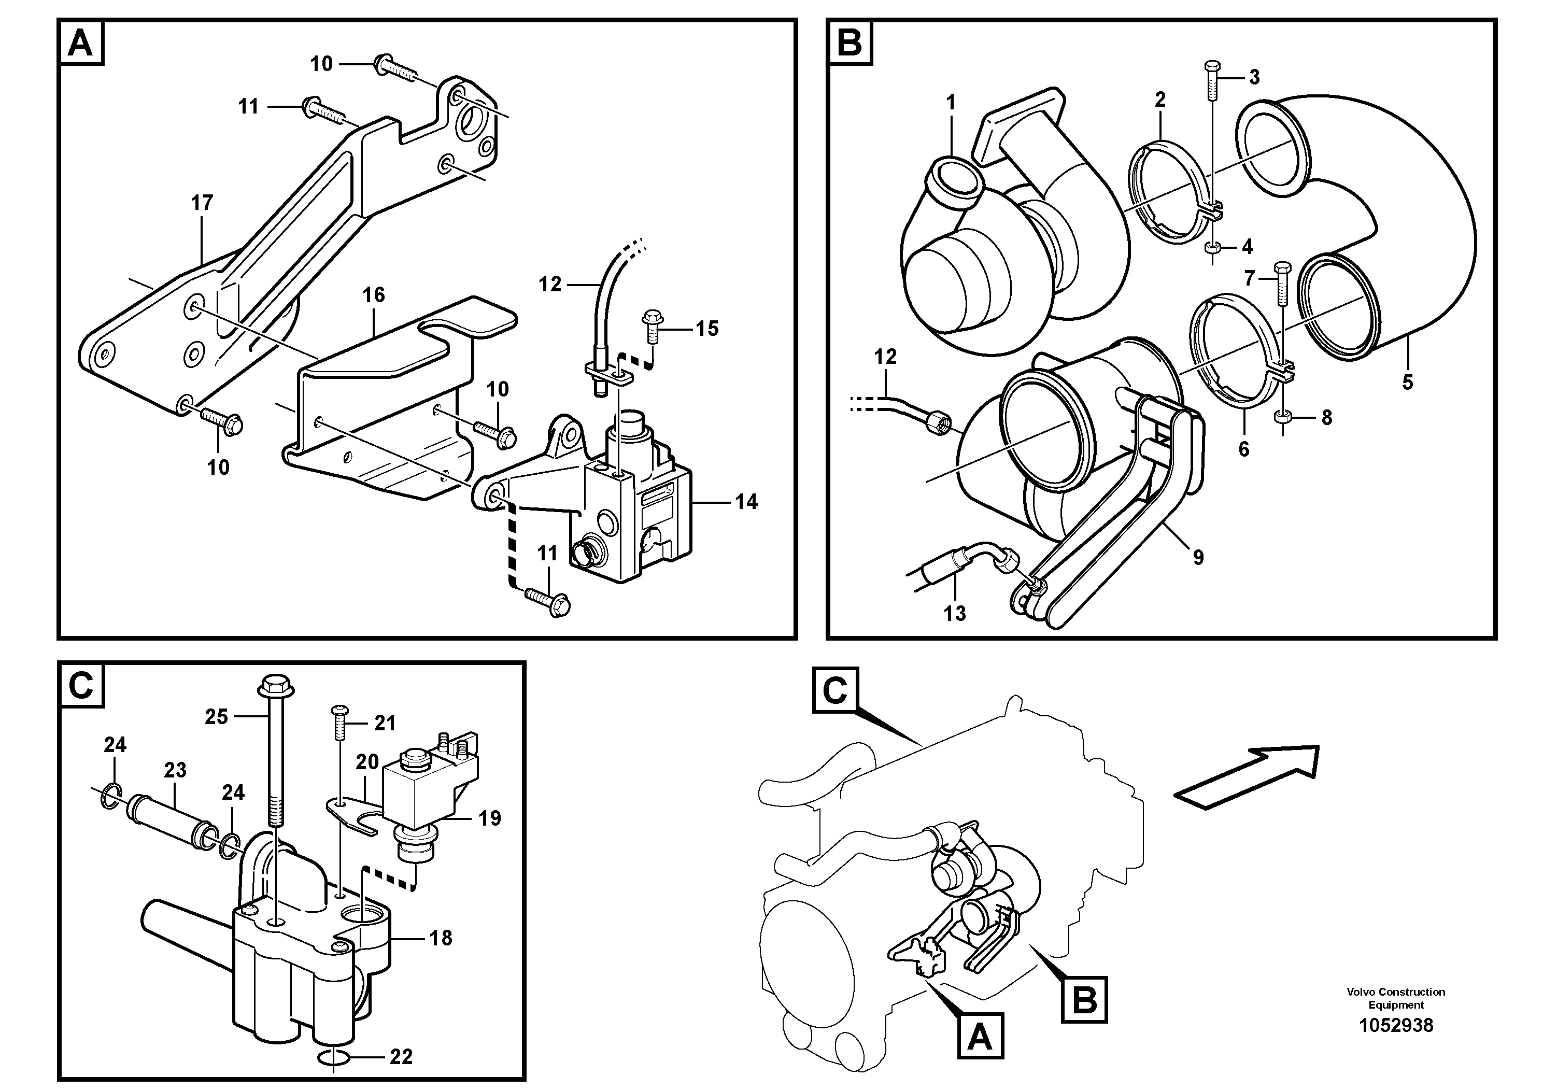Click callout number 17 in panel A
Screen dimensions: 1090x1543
point(202,202)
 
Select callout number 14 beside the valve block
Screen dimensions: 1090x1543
point(746,502)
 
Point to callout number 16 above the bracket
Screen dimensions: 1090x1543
point(374,295)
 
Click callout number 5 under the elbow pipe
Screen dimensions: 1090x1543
point(1407,383)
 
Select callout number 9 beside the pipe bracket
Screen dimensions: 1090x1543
point(1198,557)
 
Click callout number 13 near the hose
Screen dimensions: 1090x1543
point(954,613)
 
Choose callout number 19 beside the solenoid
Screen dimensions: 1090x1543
point(490,818)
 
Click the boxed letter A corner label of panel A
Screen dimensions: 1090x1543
point(81,43)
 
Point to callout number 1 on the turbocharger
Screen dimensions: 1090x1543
point(950,102)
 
